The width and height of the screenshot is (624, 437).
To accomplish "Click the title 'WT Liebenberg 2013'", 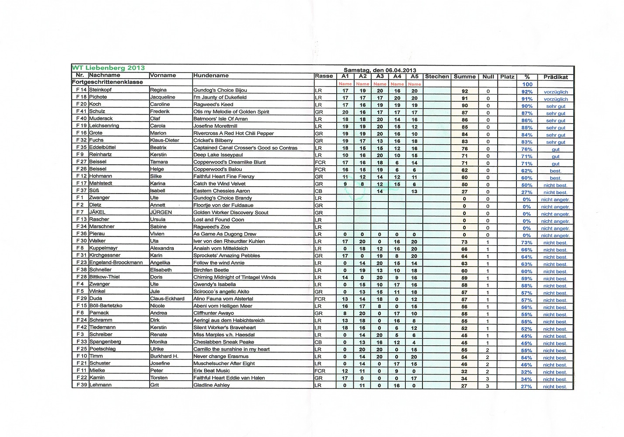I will click(x=108, y=68).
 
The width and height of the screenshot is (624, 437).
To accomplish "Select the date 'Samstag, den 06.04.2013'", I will click(x=380, y=70).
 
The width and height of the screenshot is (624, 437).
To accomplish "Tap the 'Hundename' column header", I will click(x=211, y=76).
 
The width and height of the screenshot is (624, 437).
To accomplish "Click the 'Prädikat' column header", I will click(x=555, y=77).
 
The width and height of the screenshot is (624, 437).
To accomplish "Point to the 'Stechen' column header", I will click(x=437, y=76).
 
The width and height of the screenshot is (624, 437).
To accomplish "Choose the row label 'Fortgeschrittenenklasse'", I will click(x=108, y=82).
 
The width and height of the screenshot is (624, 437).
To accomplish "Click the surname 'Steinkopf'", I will click(x=101, y=90).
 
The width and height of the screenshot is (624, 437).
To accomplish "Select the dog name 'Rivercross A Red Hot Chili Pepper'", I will click(x=234, y=133).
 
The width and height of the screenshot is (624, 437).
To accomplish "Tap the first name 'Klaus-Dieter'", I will click(x=164, y=140).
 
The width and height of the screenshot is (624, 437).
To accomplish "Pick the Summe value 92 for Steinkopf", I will click(x=464, y=91).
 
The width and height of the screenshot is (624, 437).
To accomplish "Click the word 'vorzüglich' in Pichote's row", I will click(x=555, y=99).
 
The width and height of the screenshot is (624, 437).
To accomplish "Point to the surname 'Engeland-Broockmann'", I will click(x=116, y=263).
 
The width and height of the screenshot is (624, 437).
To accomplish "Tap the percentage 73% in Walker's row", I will click(x=526, y=243).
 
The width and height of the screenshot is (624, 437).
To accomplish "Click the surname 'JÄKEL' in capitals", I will click(x=97, y=212).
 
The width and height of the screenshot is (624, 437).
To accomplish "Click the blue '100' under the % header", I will click(x=527, y=84).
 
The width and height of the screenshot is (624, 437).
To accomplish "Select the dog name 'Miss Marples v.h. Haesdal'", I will click(x=224, y=335).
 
